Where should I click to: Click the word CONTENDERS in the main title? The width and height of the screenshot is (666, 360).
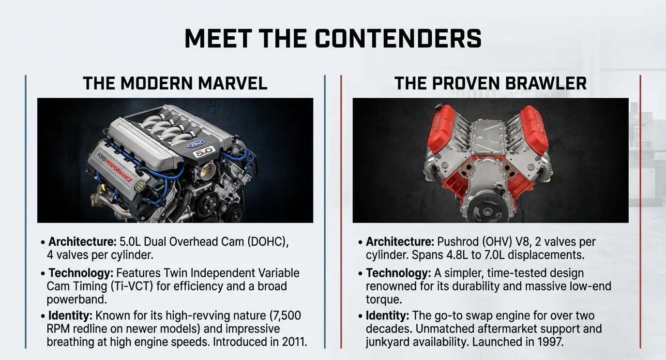point(398,39)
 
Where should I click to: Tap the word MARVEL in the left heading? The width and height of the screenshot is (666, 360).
point(232,83)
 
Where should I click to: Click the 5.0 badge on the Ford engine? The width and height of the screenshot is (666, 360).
point(204,152)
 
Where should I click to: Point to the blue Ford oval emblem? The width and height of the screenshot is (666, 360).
point(196,144)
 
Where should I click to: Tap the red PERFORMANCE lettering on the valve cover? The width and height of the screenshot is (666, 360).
point(119,171)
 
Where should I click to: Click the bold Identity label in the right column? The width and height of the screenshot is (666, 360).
point(387,315)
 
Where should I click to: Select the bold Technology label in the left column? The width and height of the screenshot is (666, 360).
point(80,273)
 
